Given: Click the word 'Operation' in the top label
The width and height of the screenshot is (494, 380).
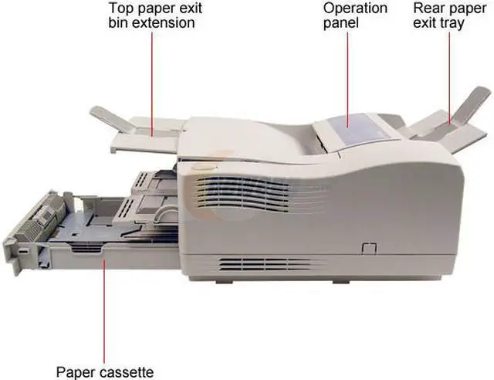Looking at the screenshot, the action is click(x=354, y=8).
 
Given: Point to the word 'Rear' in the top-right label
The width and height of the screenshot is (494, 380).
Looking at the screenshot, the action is click(x=428, y=8).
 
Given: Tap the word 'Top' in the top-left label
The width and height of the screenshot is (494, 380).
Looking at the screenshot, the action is click(x=122, y=8).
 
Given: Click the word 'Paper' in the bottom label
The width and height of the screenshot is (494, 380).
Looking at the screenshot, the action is click(x=74, y=371).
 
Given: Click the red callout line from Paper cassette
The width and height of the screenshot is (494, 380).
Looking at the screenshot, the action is click(x=103, y=309).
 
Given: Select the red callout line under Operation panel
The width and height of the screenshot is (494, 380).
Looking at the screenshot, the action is click(x=347, y=77).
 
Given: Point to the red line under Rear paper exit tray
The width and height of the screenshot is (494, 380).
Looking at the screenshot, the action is click(x=450, y=77).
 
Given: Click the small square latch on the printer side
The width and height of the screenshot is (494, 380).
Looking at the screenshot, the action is click(x=367, y=248).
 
